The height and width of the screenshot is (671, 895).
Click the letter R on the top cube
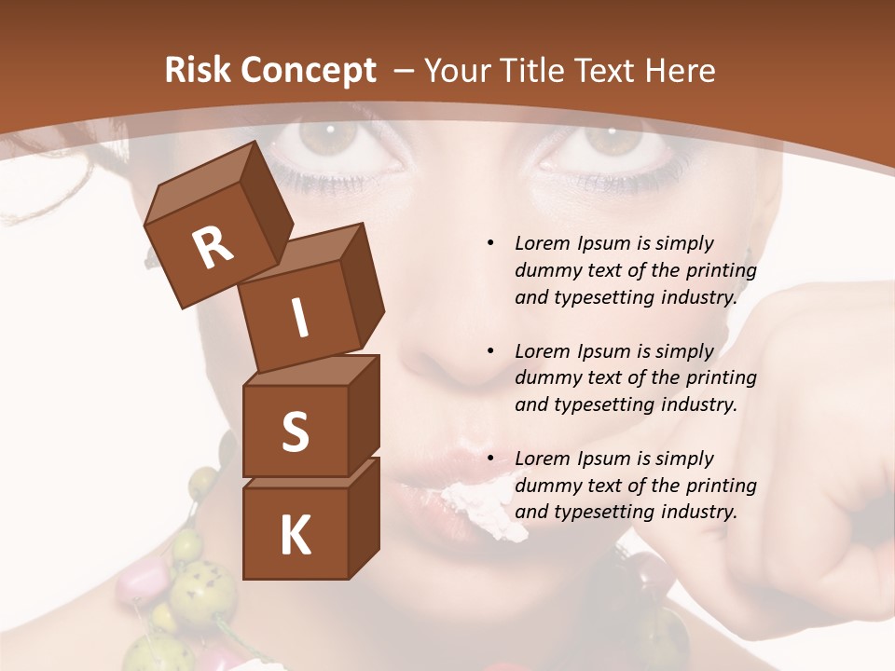[x=213, y=248]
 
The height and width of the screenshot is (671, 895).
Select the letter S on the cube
[x=295, y=431]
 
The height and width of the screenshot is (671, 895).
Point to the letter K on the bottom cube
[x=295, y=536]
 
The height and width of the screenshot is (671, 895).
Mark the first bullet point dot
[x=490, y=243]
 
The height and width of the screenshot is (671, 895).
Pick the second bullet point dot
[x=490, y=351]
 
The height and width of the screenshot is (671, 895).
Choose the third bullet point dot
[x=490, y=459]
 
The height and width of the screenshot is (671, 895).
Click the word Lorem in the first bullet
[x=542, y=243]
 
